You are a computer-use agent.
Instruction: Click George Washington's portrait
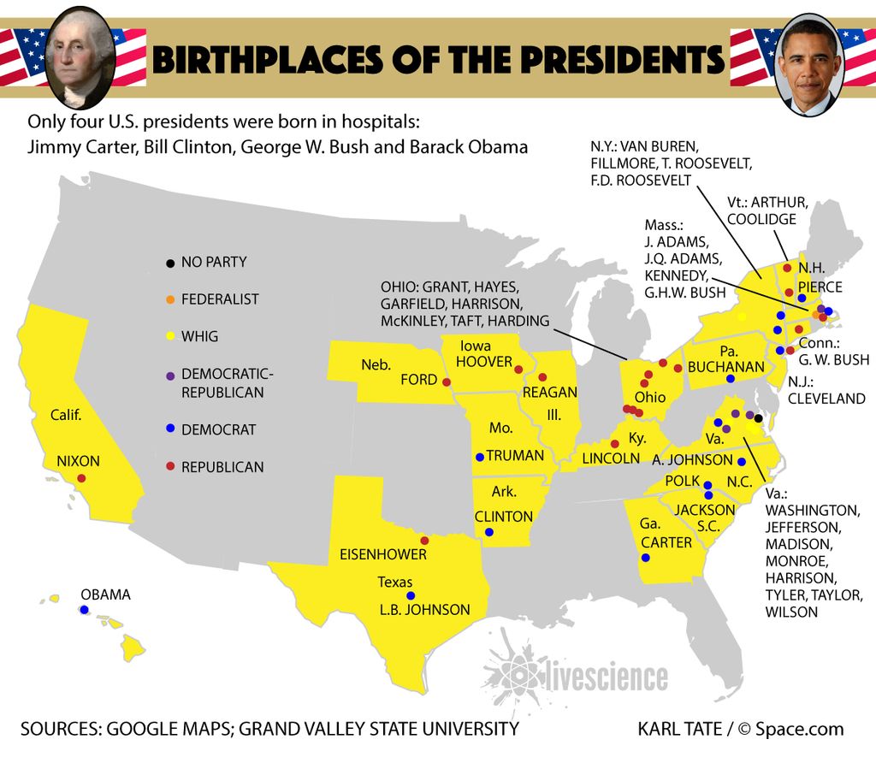(x=80, y=56)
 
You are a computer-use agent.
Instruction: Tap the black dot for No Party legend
(x=170, y=262)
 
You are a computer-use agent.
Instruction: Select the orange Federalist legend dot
(x=170, y=299)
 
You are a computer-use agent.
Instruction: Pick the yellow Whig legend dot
(x=170, y=336)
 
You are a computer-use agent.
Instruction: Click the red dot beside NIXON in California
(x=81, y=478)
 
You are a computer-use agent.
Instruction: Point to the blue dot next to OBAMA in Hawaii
(x=84, y=610)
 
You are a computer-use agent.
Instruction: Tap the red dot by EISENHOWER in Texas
(x=424, y=541)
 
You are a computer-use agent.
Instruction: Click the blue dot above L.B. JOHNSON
(x=411, y=595)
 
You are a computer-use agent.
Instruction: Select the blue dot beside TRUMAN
(x=479, y=456)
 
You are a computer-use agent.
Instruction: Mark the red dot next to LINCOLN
(x=614, y=442)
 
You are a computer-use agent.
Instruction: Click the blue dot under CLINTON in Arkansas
(x=488, y=532)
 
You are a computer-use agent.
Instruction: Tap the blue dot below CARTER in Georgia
(x=645, y=558)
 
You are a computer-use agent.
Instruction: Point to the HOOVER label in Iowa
(x=483, y=362)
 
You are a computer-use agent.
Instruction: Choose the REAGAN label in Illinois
(x=549, y=392)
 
